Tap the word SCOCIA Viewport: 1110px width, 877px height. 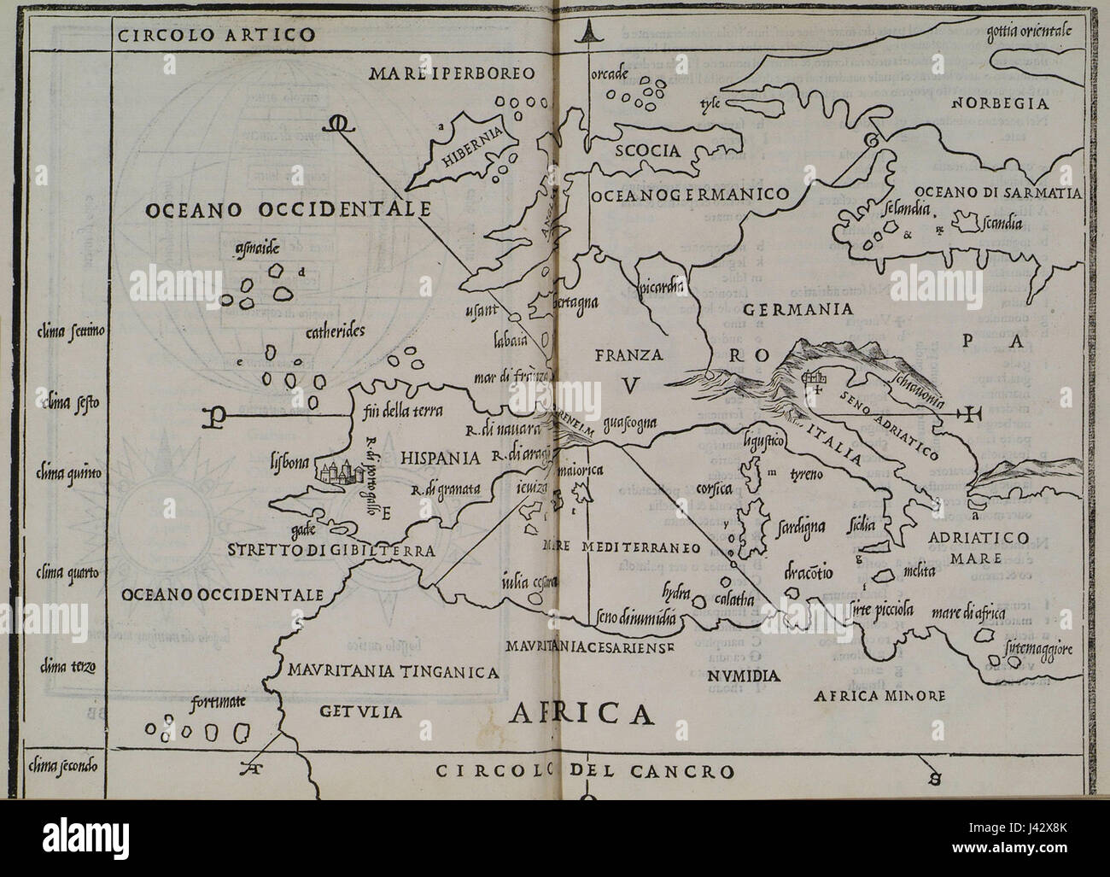[647, 151]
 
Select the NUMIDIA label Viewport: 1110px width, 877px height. [743, 676]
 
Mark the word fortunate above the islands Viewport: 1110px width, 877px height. [219, 702]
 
